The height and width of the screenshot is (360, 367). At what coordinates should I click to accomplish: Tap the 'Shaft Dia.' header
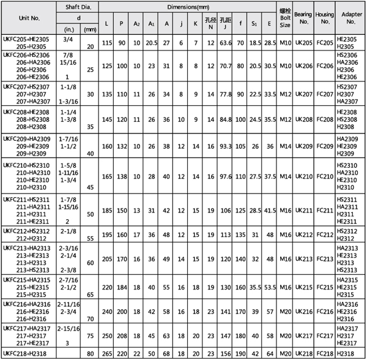tap(78, 7)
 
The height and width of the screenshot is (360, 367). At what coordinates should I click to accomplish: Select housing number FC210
tap(326, 176)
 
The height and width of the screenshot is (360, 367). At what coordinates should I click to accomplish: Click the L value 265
tap(108, 353)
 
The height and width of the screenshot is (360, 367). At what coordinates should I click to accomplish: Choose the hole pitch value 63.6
tap(225, 43)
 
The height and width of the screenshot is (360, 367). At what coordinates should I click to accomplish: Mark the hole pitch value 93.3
tap(225, 147)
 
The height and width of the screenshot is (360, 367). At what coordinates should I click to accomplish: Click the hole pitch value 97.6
tap(225, 176)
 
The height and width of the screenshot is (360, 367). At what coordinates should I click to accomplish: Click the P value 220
tap(123, 353)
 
